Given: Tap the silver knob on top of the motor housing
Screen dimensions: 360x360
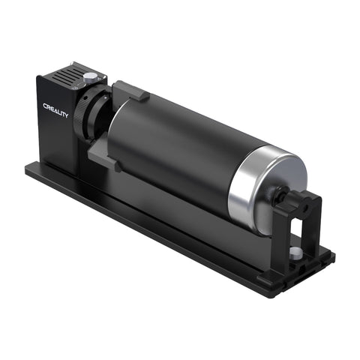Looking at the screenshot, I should [x=90, y=76].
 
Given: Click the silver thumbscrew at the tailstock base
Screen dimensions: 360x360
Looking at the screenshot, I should [x=297, y=252].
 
